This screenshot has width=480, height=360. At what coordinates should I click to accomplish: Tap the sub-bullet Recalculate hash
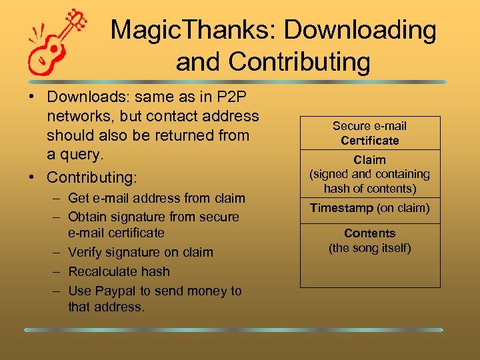coord(119,271)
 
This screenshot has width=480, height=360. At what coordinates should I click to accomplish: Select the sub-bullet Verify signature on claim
coord(140,252)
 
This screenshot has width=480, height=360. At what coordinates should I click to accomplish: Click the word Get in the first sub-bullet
coord(78,198)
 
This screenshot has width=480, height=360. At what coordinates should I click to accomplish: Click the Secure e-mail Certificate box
coord(370,133)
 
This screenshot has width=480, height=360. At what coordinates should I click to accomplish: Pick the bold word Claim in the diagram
coord(370,160)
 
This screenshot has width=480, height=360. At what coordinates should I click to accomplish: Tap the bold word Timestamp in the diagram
coord(342,209)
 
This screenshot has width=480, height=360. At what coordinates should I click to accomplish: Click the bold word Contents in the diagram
coord(370,233)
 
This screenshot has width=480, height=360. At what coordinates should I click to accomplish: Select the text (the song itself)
coord(370,248)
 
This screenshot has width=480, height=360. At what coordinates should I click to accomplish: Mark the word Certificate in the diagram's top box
coord(370,141)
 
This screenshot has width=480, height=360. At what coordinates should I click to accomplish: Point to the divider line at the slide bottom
coord(233,330)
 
